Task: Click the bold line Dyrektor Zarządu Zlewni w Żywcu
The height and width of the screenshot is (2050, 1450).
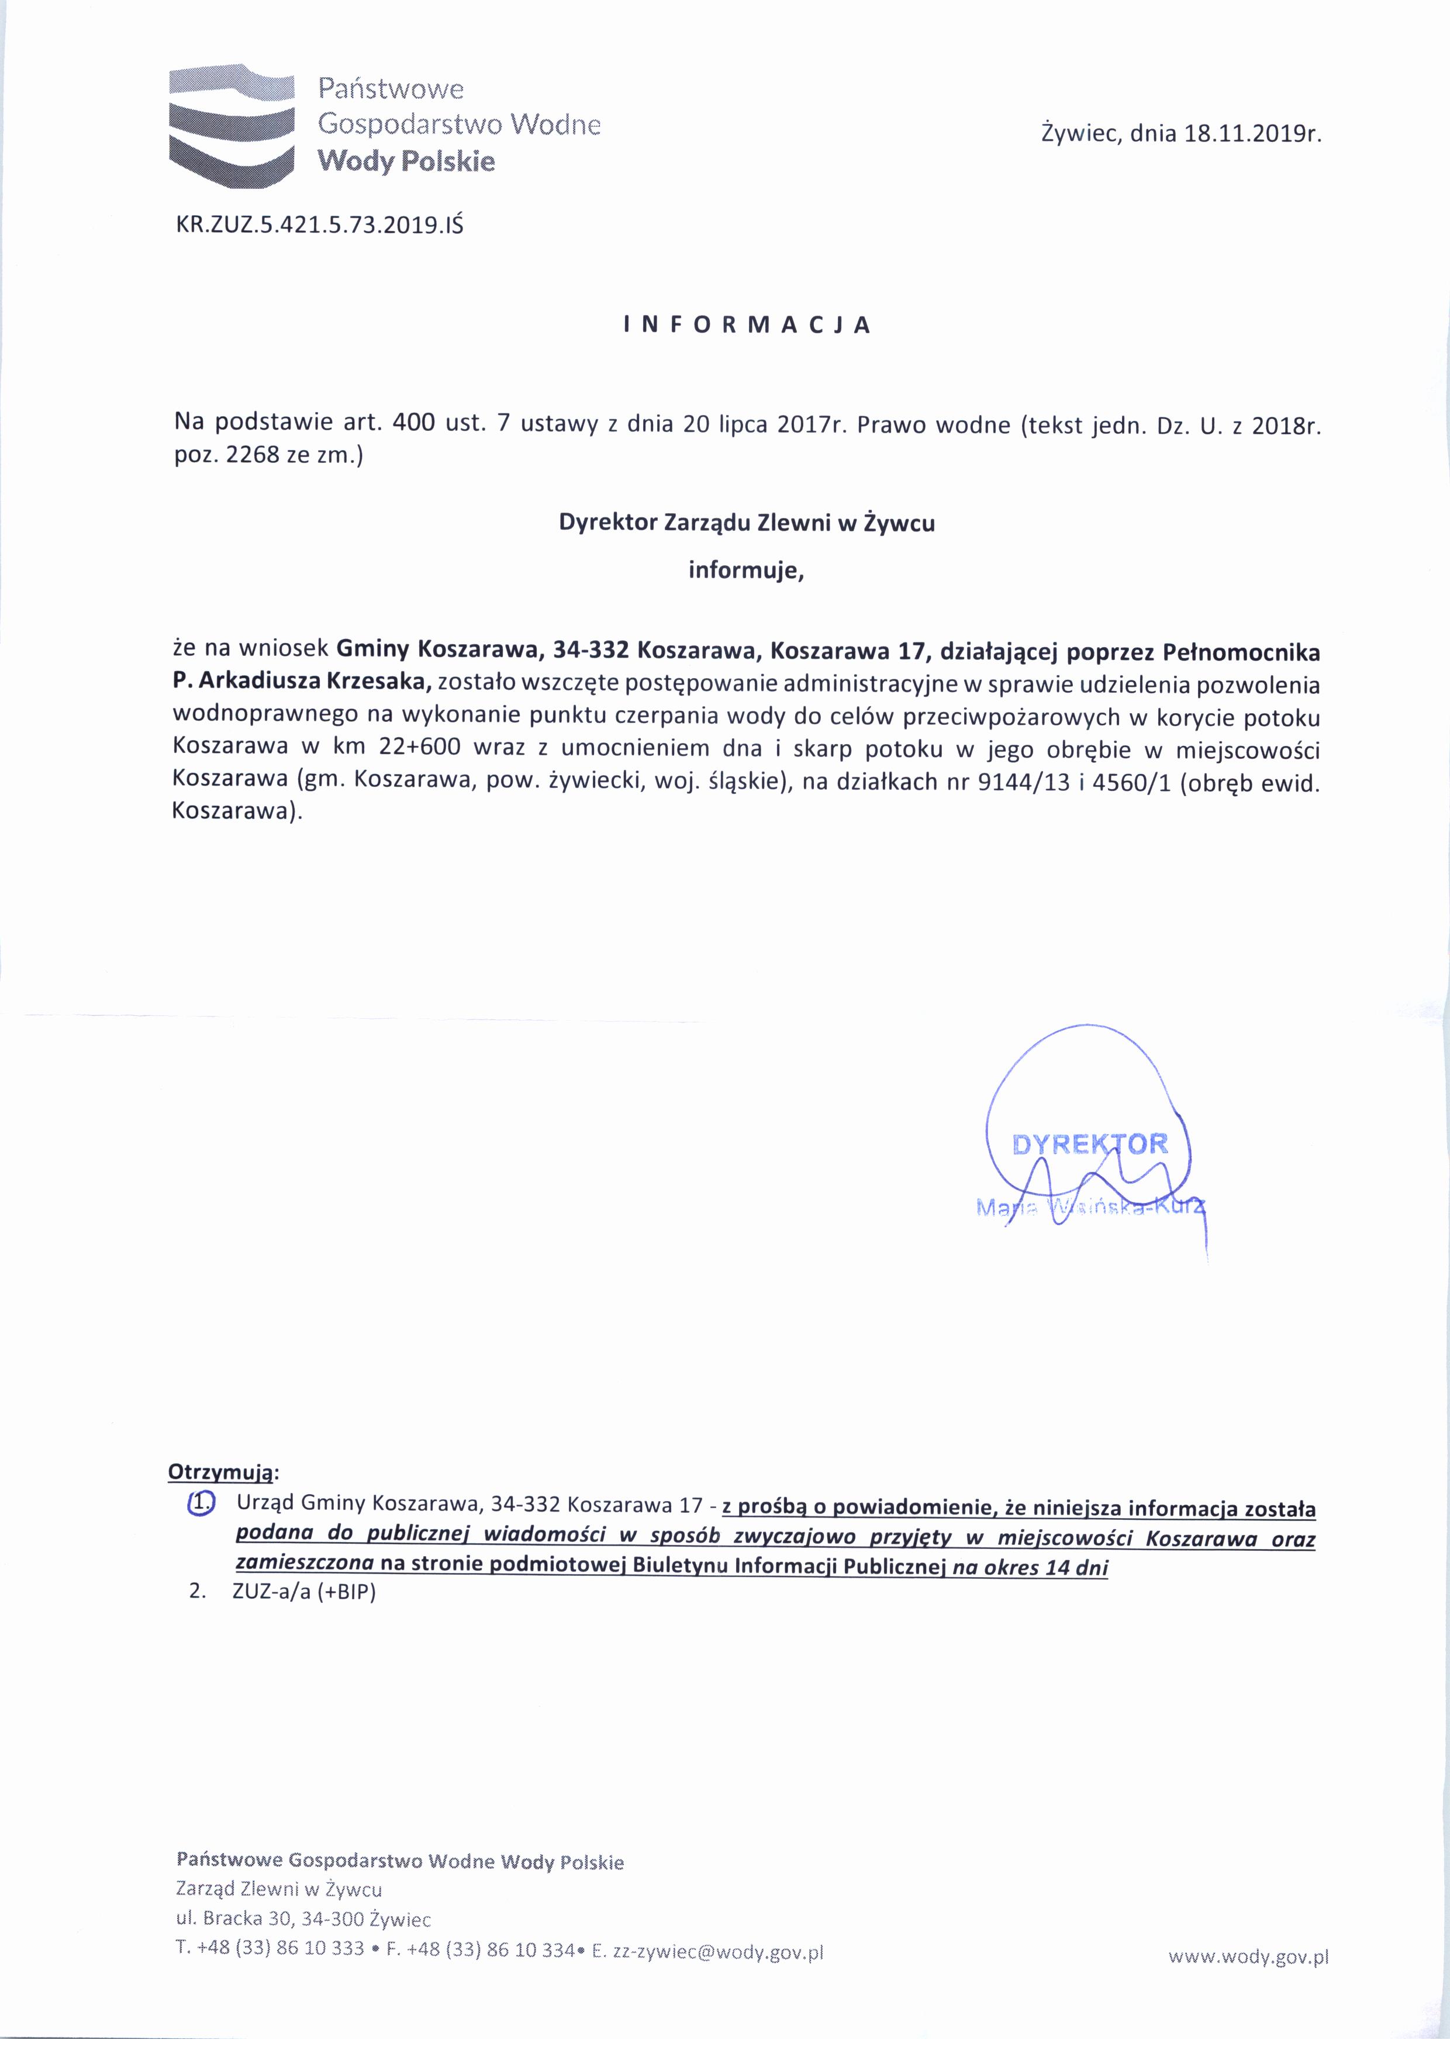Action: tap(747, 523)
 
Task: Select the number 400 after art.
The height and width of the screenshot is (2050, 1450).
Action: tap(413, 423)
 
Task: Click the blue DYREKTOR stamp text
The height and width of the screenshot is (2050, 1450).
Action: tap(1089, 1144)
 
